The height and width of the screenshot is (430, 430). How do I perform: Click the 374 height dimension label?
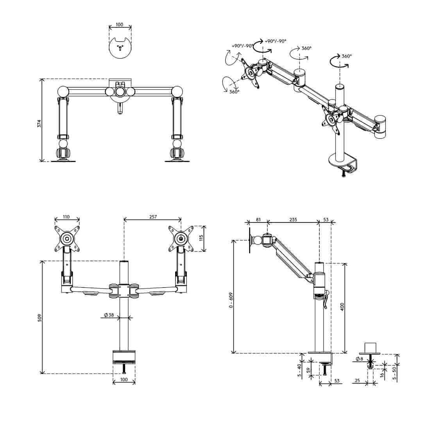point(39,124)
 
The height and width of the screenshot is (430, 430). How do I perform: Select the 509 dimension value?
point(40,317)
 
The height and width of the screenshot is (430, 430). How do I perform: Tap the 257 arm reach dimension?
point(153,217)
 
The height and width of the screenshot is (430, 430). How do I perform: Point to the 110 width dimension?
point(66,217)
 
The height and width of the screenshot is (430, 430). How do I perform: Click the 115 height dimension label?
point(201,238)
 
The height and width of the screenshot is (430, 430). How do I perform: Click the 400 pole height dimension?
point(342,307)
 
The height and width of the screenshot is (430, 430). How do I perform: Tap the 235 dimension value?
point(293,219)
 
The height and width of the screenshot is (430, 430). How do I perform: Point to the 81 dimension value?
point(258,219)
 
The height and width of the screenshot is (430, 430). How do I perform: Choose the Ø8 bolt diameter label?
point(359,359)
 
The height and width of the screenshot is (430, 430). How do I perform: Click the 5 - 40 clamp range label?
point(299,370)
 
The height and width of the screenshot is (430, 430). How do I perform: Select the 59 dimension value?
point(308,370)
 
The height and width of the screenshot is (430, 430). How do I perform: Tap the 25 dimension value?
point(357,380)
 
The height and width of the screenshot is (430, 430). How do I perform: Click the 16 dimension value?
point(382,374)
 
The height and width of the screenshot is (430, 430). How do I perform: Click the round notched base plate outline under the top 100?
point(120,47)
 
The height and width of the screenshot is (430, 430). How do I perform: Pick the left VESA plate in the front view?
point(67,238)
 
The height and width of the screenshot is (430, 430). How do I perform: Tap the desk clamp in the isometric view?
point(343,165)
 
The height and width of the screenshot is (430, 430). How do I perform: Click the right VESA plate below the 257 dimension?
point(181,238)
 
